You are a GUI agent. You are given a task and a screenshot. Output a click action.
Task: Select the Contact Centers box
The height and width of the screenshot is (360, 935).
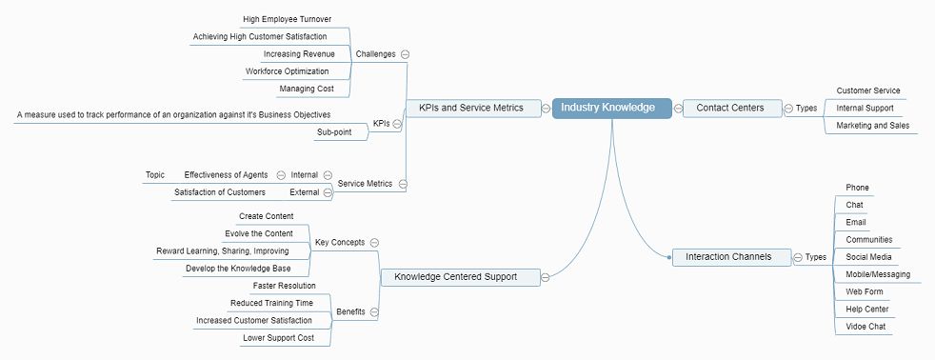[x=730, y=108]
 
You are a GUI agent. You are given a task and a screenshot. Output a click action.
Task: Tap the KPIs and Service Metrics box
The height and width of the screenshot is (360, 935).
[x=471, y=108]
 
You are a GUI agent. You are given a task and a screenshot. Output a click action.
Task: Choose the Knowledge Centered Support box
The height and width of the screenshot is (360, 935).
[x=455, y=277]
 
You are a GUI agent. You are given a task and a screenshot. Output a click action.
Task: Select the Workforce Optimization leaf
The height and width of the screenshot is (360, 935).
[x=287, y=71]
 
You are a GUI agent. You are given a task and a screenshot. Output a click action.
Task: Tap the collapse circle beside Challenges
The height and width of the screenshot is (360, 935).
[x=406, y=54]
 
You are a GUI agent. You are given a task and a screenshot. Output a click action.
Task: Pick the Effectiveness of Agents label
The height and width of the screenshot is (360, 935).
[x=226, y=175]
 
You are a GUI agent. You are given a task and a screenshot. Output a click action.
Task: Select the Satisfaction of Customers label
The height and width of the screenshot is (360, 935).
[x=219, y=192]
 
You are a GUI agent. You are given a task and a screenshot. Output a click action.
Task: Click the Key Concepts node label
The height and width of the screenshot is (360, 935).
[x=340, y=243]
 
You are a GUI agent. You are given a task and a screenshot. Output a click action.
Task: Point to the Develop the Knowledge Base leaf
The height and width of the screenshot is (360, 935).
[x=239, y=269]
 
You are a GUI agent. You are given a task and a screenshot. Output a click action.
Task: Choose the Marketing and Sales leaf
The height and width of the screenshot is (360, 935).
[x=870, y=126]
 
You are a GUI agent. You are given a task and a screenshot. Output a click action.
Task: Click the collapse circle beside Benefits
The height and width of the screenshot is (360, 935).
[x=374, y=311]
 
